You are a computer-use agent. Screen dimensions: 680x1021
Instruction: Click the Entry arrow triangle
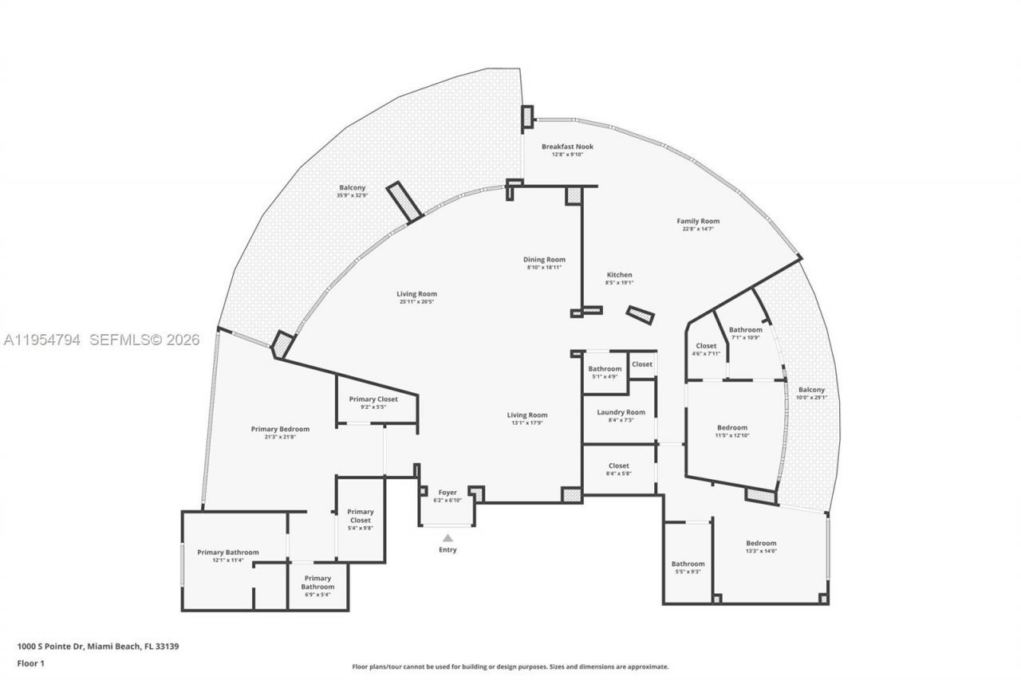[447, 538]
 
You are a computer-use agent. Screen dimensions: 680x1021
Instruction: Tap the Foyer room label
[447, 493]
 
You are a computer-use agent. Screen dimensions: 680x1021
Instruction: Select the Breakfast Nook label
[567, 147]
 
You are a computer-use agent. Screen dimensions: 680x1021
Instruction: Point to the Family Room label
[698, 221]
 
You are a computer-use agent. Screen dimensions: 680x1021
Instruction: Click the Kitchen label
[619, 275]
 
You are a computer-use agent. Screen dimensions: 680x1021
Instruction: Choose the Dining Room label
[544, 259]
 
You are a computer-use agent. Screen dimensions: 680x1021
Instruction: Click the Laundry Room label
[621, 412]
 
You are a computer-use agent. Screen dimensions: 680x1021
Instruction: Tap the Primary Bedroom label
[280, 429]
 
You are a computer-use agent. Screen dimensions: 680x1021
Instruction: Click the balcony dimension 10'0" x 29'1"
[811, 398]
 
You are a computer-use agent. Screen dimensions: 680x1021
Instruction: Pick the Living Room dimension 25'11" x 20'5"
[416, 302]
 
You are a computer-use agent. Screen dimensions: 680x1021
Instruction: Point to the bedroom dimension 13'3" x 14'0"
[761, 551]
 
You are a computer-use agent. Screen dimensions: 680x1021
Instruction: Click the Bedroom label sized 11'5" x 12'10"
[731, 427]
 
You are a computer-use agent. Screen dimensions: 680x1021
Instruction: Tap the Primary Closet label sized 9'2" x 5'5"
[373, 399]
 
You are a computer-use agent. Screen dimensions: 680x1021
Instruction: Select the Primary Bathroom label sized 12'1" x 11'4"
[228, 552]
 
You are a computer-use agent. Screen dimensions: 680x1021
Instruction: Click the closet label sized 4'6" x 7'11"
[706, 346]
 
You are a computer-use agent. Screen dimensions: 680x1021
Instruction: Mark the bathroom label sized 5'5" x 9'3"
[688, 564]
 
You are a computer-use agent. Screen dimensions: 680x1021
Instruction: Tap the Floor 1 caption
[32, 662]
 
